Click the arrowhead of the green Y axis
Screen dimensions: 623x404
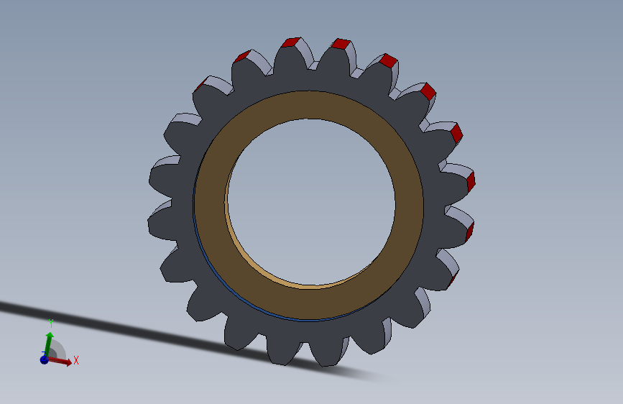point(50,336)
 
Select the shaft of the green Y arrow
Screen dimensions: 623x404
point(48,347)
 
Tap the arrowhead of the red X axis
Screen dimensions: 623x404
point(68,362)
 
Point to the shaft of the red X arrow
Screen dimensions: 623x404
point(57,360)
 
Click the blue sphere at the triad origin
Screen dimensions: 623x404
point(44,359)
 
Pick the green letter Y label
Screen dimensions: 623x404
point(51,323)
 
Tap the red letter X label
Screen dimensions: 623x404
point(76,361)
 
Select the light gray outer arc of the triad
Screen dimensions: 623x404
point(63,346)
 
